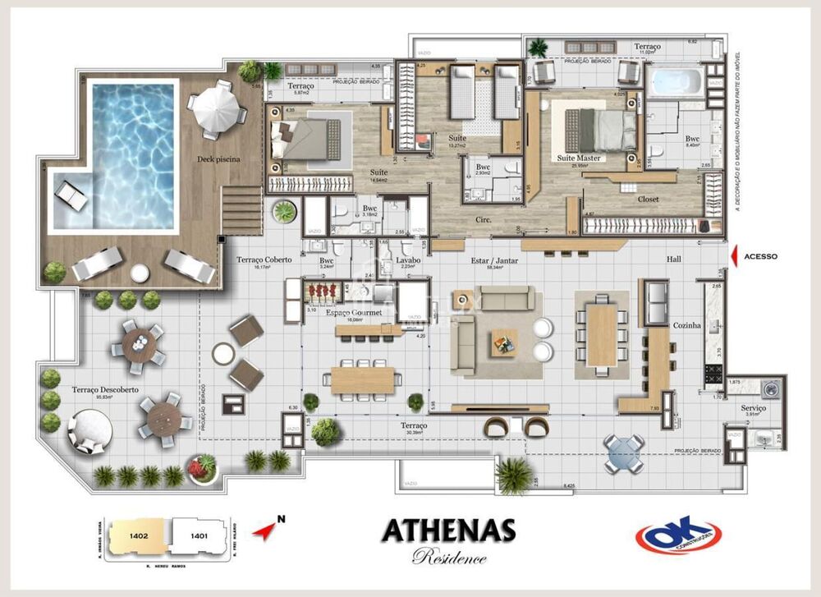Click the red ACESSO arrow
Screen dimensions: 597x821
point(733,256)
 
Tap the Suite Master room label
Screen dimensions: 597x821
point(579,158)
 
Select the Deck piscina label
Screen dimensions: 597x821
point(218,159)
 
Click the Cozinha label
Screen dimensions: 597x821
point(686,325)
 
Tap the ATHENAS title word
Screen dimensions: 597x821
point(448,531)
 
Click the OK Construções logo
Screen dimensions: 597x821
point(678,535)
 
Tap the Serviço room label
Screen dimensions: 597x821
point(753,407)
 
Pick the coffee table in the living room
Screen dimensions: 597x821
point(504,342)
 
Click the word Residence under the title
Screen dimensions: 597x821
point(449,558)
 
